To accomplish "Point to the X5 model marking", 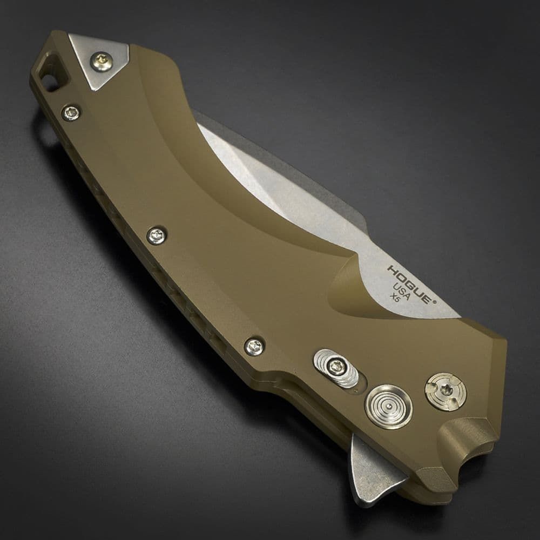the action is pos(394,297).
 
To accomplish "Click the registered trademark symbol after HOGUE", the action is pos(435,302).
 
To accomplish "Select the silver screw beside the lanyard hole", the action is pos(72,112).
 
